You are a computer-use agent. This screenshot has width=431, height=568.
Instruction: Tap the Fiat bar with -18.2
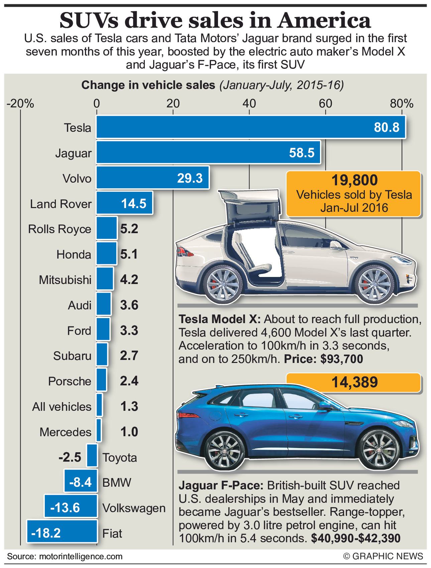tap(62, 531)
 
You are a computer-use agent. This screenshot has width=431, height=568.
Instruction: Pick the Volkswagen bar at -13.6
tap(71, 506)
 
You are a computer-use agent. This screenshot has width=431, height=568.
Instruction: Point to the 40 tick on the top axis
tap(249, 103)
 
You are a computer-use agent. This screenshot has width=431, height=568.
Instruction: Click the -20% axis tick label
tap(20, 103)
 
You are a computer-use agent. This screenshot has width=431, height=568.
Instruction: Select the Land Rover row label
tap(61, 204)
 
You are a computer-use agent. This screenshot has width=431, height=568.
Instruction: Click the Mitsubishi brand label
tap(65, 280)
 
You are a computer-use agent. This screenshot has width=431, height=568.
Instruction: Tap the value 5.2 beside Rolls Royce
tap(129, 229)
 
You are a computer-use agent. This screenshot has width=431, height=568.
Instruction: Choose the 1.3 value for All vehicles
tap(129, 406)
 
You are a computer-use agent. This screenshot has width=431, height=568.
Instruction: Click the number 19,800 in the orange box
tap(354, 180)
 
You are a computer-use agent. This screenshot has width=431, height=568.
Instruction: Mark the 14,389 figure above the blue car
tap(354, 382)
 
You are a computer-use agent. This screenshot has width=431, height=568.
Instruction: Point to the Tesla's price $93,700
tap(341, 359)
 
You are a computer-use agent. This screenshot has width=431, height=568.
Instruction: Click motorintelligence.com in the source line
tap(81, 556)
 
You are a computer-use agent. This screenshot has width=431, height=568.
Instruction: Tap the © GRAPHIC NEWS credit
tap(383, 556)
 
